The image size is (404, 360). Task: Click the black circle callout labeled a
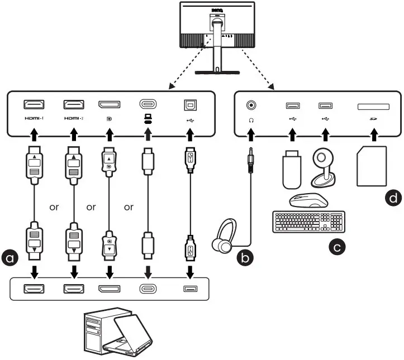tap(9, 258)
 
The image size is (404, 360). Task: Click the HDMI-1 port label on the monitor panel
tap(35, 119)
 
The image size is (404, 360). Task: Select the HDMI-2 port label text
tap(74, 119)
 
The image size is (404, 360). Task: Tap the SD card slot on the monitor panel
tap(373, 105)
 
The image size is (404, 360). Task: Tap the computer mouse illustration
tap(307, 200)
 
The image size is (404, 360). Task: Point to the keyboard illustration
tap(308, 222)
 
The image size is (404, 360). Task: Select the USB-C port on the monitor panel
tap(148, 104)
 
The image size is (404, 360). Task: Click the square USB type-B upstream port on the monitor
tap(190, 104)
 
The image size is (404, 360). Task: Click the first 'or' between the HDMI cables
tap(54, 207)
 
